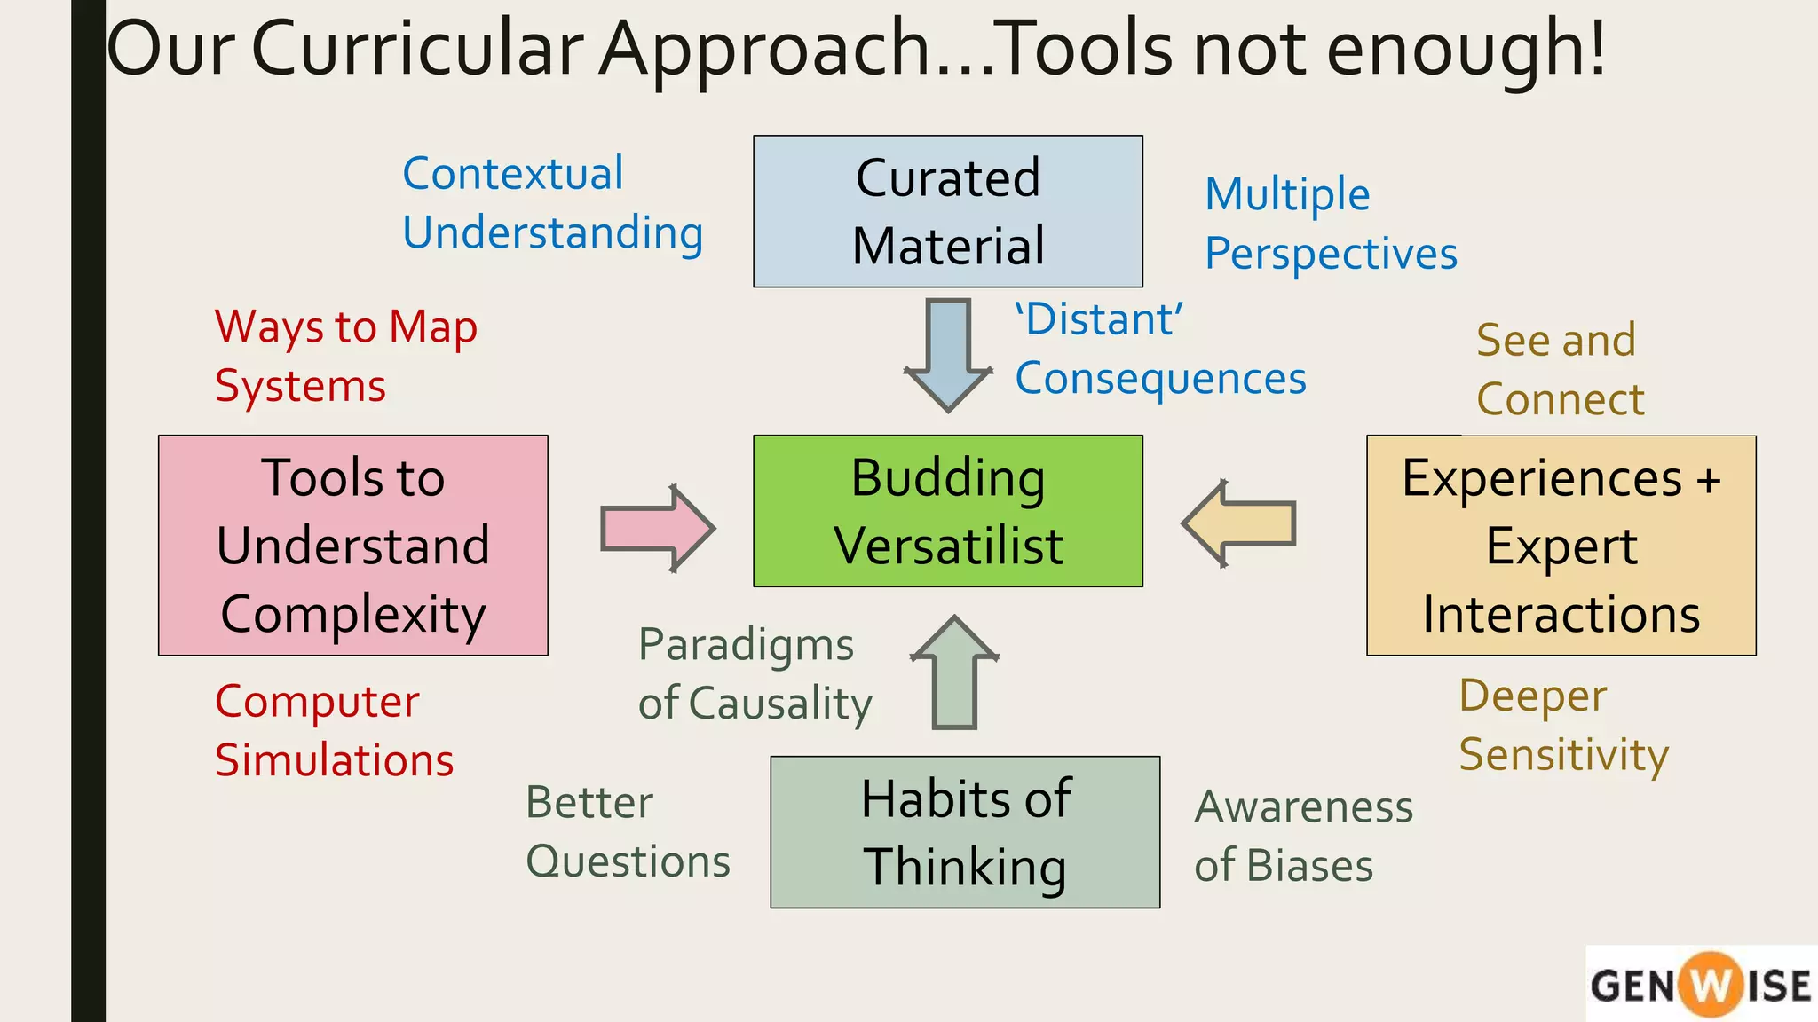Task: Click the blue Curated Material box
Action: point(947,211)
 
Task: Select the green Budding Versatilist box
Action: point(947,511)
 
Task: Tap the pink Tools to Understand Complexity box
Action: point(352,545)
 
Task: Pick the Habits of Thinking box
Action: point(965,832)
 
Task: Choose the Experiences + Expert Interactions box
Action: point(1561,545)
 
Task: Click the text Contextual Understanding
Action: point(552,203)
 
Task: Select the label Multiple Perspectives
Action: point(1330,224)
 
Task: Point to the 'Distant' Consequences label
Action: point(1159,349)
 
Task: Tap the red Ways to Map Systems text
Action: point(345,356)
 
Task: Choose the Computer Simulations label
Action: point(334,730)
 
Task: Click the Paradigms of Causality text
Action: point(755,673)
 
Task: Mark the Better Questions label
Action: point(627,832)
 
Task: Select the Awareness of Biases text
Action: point(1302,836)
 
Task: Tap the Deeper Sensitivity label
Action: point(1562,725)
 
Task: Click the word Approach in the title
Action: point(763,49)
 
